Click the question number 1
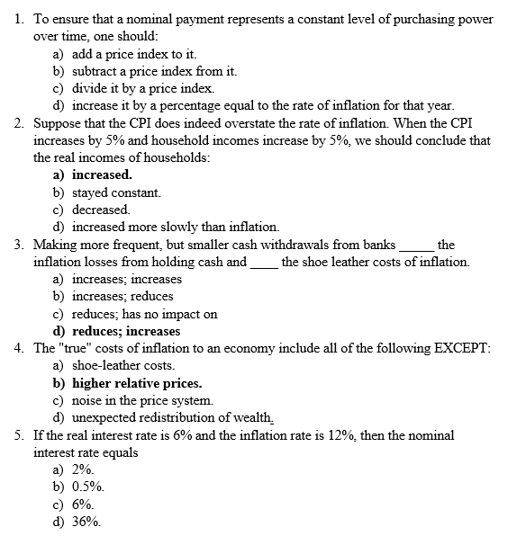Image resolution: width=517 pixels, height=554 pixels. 20,20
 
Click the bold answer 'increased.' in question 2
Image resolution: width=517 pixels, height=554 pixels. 102,174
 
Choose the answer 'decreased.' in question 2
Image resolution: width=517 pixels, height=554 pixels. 101,210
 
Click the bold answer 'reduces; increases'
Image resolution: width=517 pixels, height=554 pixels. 126,331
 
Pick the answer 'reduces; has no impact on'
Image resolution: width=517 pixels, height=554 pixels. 145,314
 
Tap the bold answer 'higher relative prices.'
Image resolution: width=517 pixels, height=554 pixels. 137,383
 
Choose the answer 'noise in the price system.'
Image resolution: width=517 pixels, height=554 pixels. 142,400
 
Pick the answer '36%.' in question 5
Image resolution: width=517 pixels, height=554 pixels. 86,522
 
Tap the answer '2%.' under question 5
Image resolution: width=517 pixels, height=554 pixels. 84,469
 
